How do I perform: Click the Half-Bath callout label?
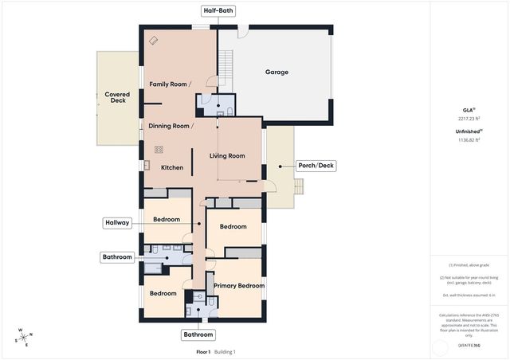tap(217, 11)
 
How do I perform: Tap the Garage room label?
tap(277, 72)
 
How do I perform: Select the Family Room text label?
tap(170, 84)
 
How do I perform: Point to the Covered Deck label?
tap(118, 97)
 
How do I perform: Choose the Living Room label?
tap(227, 156)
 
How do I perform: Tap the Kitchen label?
tap(172, 167)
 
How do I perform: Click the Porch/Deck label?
tap(316, 166)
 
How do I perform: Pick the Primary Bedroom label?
tap(238, 285)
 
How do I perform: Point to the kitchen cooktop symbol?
tap(159, 149)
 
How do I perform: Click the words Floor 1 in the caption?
tap(203, 351)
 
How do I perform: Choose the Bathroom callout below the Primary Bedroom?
tap(198, 334)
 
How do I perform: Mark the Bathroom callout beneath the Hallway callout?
tap(116, 257)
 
